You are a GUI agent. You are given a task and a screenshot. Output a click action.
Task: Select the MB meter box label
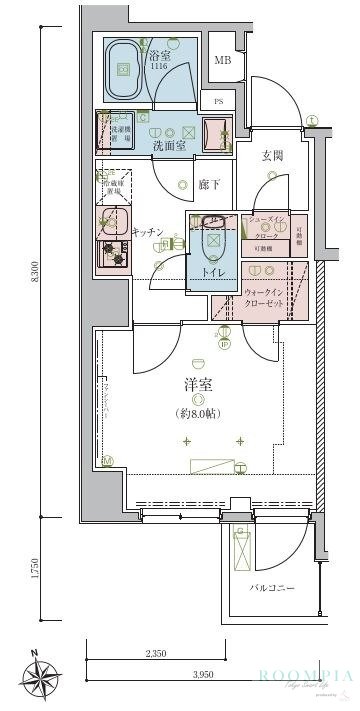tap(221, 60)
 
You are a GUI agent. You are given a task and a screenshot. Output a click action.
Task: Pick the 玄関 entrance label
tap(273, 155)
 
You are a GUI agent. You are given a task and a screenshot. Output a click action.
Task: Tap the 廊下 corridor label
tap(207, 186)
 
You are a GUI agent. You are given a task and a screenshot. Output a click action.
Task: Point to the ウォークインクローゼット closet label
tap(265, 298)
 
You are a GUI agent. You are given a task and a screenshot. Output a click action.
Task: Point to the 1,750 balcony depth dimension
tap(36, 569)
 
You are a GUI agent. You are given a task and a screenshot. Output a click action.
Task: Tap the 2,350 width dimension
tap(155, 656)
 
